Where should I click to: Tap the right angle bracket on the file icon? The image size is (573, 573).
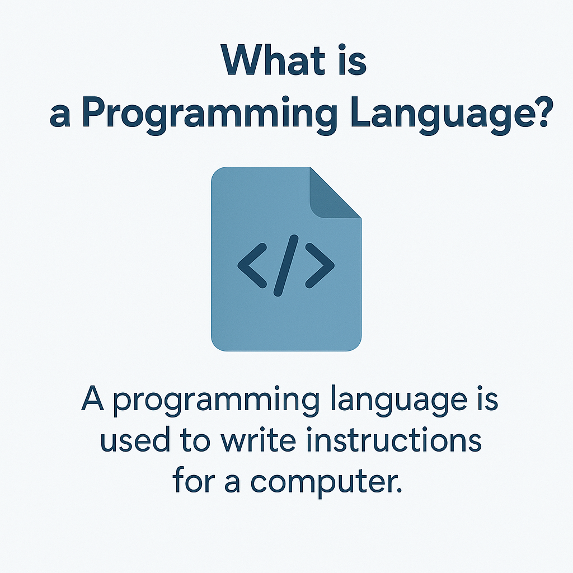[320, 265]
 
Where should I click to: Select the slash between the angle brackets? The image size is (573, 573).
[286, 265]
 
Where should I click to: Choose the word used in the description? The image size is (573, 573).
[135, 439]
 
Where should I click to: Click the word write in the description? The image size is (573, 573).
[259, 439]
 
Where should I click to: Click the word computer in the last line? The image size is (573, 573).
[321, 482]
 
